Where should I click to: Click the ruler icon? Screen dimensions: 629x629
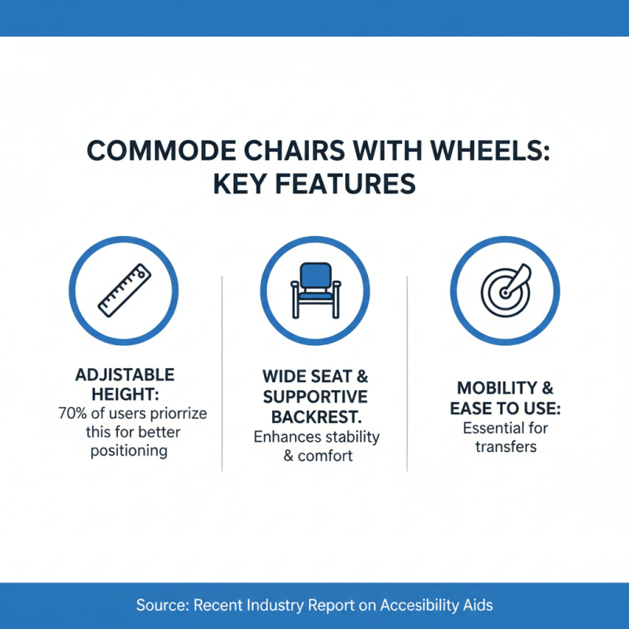(124, 290)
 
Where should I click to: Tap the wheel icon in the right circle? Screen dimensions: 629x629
(504, 290)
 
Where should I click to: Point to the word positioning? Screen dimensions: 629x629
(118, 451)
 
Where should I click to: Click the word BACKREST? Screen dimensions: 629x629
(314, 416)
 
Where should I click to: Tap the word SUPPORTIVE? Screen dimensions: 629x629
(314, 396)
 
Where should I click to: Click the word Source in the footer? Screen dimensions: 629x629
(160, 605)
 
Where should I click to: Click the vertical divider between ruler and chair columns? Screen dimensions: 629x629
(223, 373)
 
